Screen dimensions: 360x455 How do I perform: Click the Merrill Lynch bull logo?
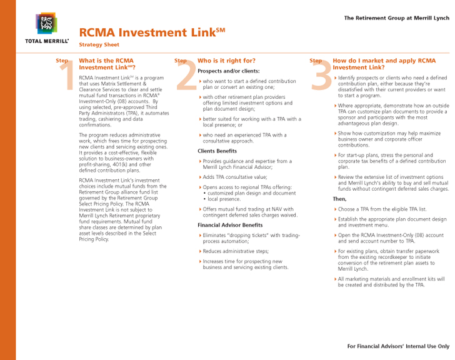46,24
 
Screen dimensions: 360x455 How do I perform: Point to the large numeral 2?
186,76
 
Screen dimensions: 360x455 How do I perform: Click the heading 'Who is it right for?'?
226,61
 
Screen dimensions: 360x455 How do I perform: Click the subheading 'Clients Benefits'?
217,151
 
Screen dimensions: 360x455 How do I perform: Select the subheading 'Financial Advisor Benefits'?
230,224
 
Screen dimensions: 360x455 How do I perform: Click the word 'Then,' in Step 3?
339,199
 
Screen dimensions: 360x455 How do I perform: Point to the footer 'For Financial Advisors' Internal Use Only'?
397,346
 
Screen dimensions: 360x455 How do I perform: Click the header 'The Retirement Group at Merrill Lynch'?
396,17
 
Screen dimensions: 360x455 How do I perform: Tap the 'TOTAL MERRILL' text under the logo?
47,41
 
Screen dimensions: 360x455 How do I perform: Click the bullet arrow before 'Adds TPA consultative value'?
200,177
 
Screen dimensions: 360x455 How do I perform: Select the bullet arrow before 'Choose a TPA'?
335,209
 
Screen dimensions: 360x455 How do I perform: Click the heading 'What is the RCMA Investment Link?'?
106,64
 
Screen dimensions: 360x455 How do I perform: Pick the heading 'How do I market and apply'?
384,64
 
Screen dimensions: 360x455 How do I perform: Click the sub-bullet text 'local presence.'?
225,199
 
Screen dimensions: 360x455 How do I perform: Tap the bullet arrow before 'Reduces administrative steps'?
200,251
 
